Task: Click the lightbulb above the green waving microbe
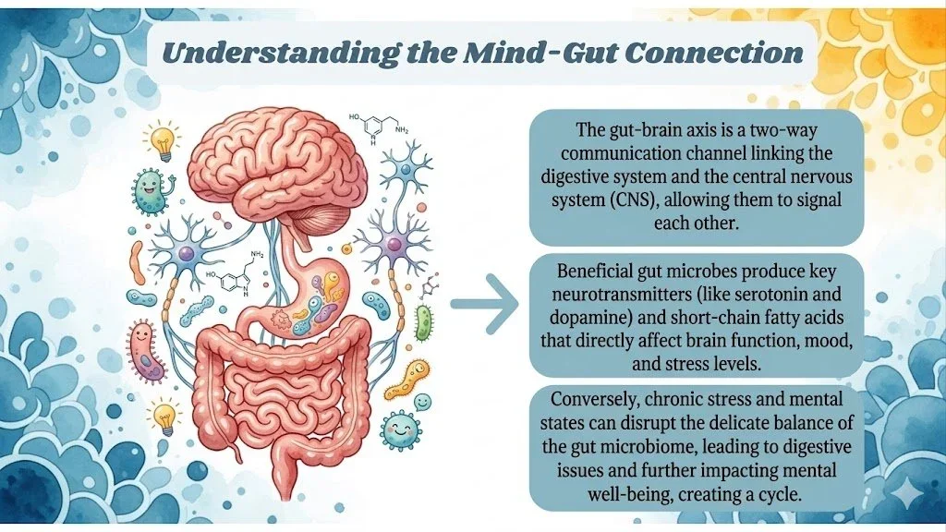tap(162, 140)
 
